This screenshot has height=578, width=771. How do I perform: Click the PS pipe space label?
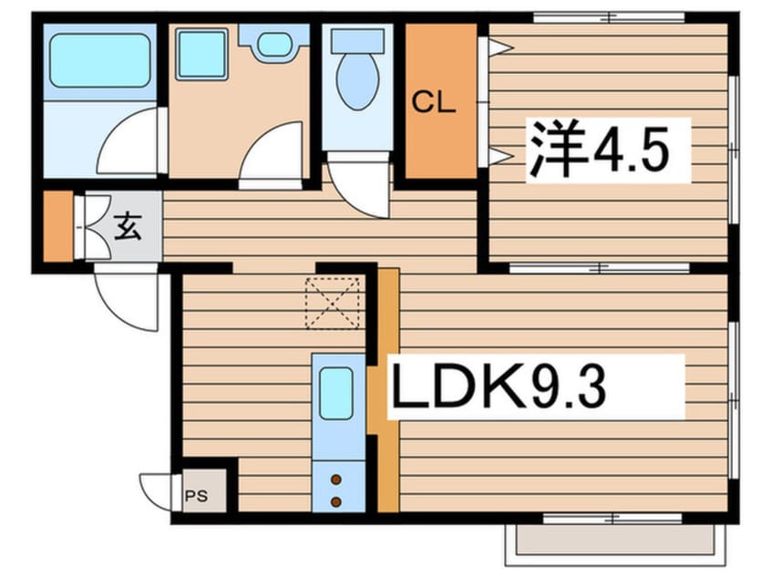click(x=196, y=497)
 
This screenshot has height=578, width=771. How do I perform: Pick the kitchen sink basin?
click(x=335, y=392)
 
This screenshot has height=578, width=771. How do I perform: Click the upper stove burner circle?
click(x=335, y=479)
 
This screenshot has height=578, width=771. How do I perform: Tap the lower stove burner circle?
click(x=335, y=501)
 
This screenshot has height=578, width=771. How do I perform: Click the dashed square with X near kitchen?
click(x=333, y=301)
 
